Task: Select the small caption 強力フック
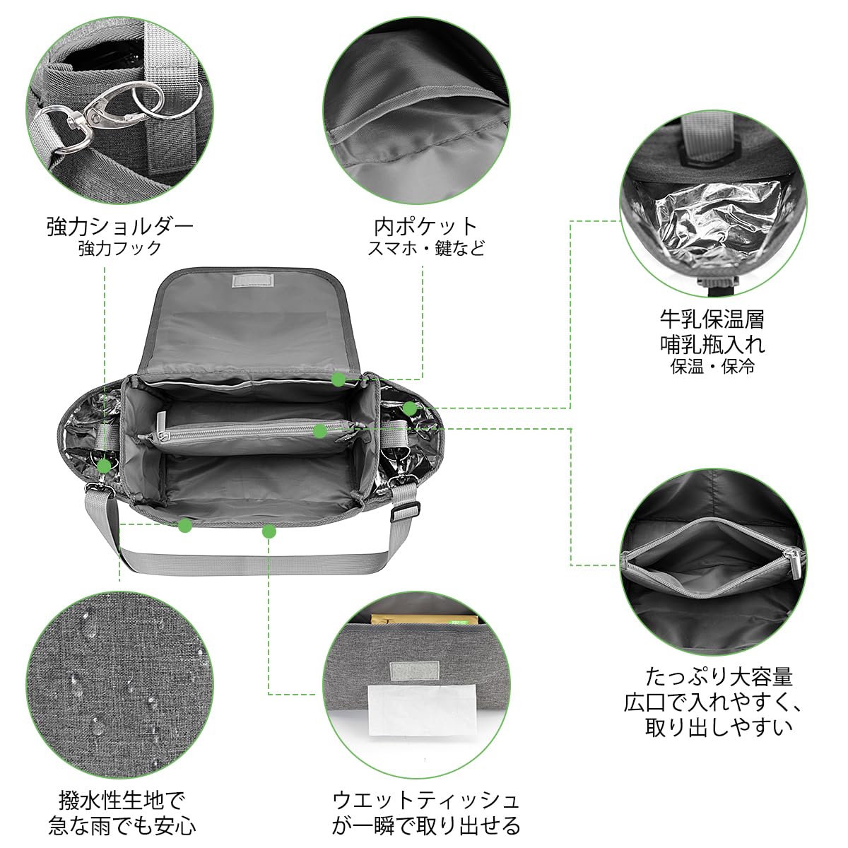pyautogui.click(x=120, y=249)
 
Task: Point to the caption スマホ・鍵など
pyautogui.click(x=426, y=249)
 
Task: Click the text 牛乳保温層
pyautogui.click(x=712, y=319)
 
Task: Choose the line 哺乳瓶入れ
pyautogui.click(x=712, y=343)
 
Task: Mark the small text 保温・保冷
pyautogui.click(x=712, y=367)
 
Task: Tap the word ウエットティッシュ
pyautogui.click(x=426, y=800)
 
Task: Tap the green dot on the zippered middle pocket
pyautogui.click(x=320, y=430)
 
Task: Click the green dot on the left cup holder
pyautogui.click(x=105, y=465)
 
